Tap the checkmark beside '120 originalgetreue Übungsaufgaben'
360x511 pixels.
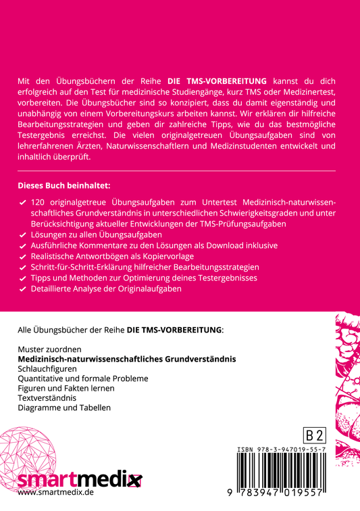click(x=23, y=203)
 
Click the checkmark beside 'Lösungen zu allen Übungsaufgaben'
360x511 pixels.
click(x=23, y=235)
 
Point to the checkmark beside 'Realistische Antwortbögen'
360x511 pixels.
click(x=23, y=256)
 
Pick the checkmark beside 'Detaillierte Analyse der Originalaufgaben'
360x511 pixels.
click(x=23, y=289)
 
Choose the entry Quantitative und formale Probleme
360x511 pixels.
click(x=82, y=379)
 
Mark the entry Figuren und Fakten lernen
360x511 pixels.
click(x=66, y=389)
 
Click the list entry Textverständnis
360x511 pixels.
click(x=47, y=398)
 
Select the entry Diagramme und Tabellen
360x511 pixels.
click(x=63, y=408)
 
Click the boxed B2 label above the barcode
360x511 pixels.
click(x=314, y=435)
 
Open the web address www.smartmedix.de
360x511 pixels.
click(x=55, y=493)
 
